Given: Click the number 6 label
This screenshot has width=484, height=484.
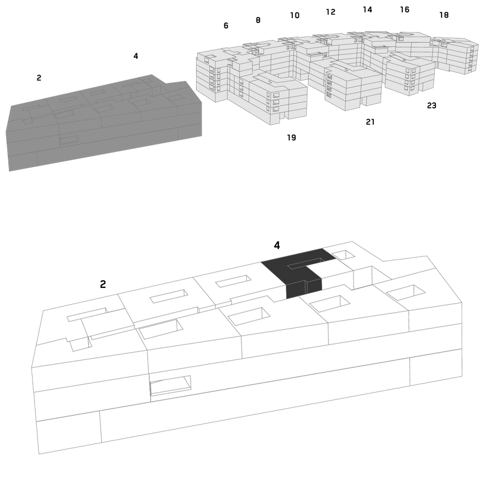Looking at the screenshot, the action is [x=226, y=25].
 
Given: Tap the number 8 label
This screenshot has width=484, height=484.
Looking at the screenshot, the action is [x=258, y=20].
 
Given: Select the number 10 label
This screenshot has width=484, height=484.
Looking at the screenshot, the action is [x=295, y=15].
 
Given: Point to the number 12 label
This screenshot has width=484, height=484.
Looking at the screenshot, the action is [x=330, y=11].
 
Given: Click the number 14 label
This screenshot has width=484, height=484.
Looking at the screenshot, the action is [x=367, y=10].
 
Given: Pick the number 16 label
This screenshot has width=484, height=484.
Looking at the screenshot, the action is [x=405, y=10].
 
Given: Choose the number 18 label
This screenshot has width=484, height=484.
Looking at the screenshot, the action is [x=444, y=15].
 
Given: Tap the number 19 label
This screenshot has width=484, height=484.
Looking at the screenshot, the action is [x=292, y=137].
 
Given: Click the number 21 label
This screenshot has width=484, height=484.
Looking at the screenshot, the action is [x=370, y=122].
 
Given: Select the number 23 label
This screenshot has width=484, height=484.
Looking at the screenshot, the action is [x=431, y=105].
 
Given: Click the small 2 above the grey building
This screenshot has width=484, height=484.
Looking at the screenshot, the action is [x=39, y=78].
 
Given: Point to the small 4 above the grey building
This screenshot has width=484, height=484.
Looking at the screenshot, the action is [x=136, y=56].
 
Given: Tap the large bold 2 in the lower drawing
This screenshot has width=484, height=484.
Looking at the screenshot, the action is [x=103, y=284].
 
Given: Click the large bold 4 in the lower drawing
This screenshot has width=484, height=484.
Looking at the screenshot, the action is [x=277, y=246].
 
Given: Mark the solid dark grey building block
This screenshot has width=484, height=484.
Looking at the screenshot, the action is [x=105, y=123].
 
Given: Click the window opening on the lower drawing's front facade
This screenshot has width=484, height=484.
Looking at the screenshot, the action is [x=171, y=385].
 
